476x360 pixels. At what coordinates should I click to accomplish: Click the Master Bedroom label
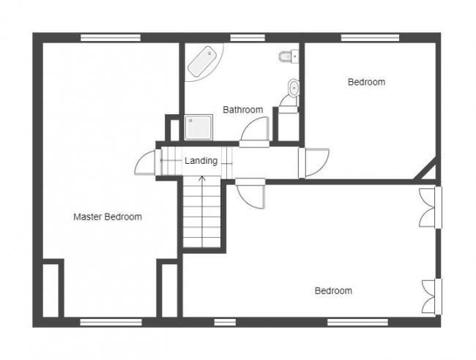(108, 217)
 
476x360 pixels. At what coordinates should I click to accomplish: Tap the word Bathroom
(243, 110)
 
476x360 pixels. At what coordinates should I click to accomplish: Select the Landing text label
(201, 161)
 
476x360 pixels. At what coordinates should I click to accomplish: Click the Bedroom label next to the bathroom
(366, 82)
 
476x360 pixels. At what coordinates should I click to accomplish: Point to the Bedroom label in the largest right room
(333, 290)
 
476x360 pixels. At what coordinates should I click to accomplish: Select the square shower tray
(198, 127)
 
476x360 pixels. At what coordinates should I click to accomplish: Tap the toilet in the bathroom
(288, 56)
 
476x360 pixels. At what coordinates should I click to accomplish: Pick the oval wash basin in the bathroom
(293, 88)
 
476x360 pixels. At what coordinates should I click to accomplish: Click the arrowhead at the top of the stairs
(202, 179)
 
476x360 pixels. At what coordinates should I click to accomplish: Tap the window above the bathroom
(248, 38)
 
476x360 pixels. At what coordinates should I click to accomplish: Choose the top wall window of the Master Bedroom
(111, 38)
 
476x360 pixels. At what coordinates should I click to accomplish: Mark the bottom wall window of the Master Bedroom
(111, 322)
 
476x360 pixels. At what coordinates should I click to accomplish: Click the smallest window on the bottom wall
(225, 322)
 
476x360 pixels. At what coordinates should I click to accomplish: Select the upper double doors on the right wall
(431, 208)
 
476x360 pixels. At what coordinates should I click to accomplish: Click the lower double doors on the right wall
(432, 296)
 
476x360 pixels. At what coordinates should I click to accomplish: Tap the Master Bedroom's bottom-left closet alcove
(51, 290)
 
